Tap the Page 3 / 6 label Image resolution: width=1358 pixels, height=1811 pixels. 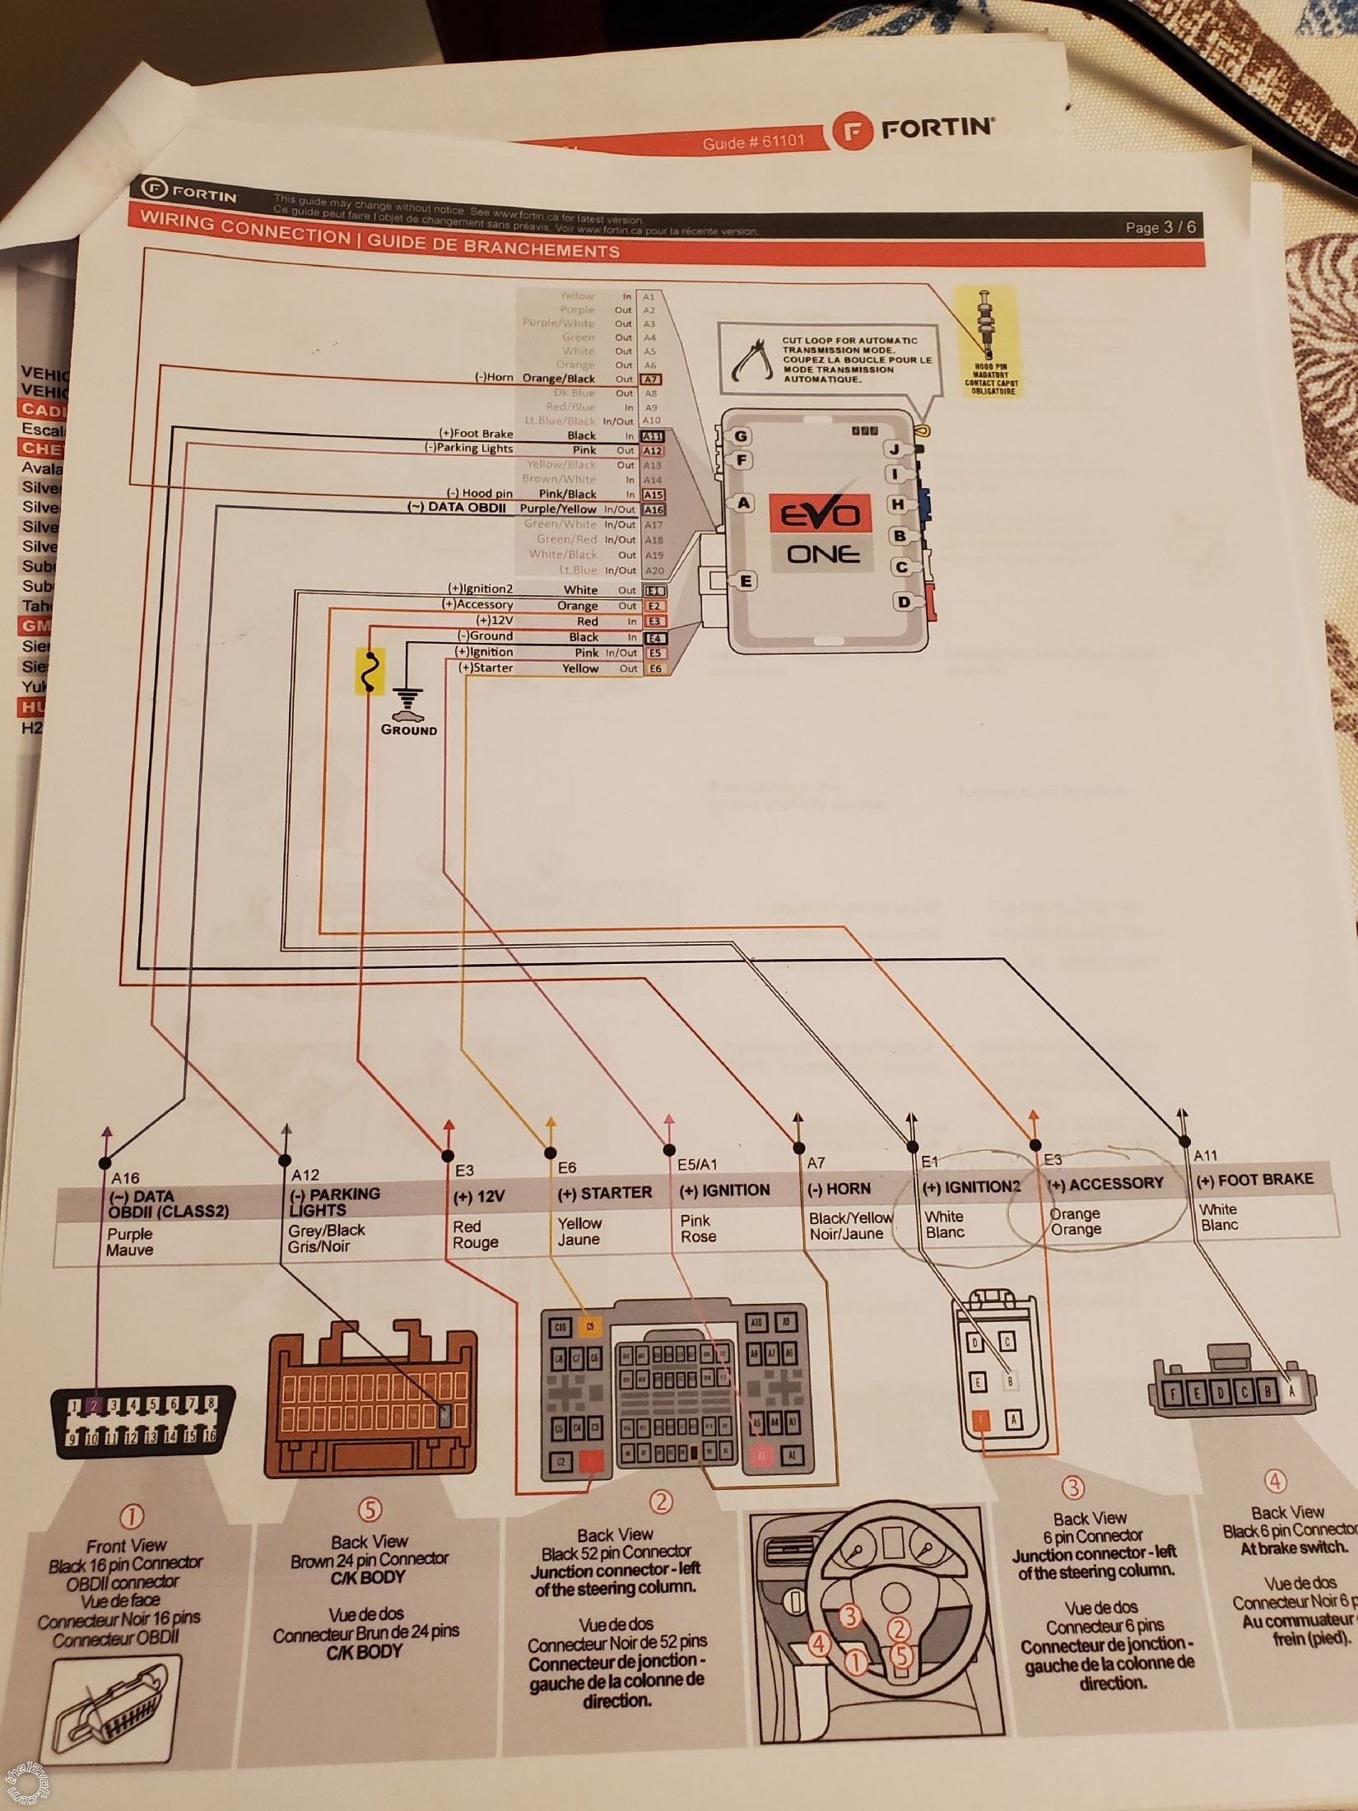point(1160,227)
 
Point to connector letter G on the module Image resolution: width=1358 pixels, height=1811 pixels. point(741,437)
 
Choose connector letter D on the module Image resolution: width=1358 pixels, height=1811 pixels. point(904,602)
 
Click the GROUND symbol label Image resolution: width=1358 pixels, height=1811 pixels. point(408,730)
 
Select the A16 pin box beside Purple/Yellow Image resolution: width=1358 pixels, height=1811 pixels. point(653,510)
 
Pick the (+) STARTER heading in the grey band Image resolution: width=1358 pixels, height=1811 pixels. point(604,1193)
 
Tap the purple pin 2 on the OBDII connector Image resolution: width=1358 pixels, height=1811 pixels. point(95,1405)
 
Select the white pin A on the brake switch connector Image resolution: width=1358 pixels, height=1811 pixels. point(1291,1390)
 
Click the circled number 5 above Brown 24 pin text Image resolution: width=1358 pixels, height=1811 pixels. point(370,1510)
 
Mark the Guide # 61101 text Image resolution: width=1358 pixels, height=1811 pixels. point(752,142)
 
